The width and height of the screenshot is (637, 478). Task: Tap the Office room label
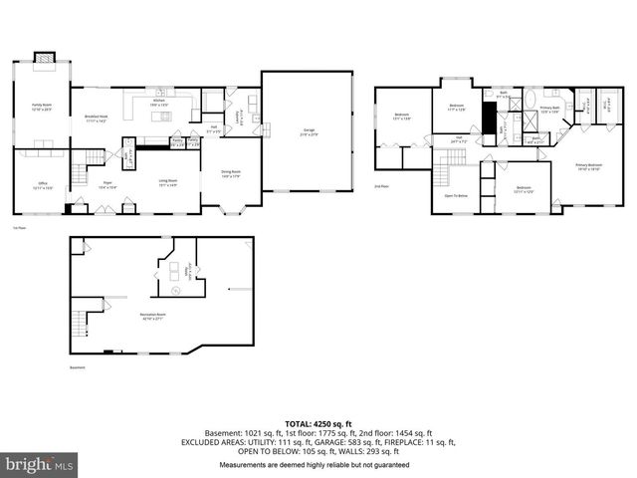click(42, 186)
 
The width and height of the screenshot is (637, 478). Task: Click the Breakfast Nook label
click(97, 119)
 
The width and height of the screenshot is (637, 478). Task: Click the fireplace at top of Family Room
click(43, 59)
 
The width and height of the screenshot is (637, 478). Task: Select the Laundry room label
click(237, 118)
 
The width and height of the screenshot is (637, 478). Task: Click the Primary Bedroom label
click(588, 167)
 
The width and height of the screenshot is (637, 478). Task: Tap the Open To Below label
click(456, 196)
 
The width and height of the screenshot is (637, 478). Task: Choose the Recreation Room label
click(151, 317)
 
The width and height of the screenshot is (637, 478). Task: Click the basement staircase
click(80, 324)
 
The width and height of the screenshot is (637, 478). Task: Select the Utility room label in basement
click(187, 269)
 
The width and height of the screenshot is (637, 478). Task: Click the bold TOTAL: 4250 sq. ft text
click(318, 423)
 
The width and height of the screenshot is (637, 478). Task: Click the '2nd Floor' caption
click(380, 186)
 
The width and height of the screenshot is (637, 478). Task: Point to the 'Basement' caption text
click(78, 366)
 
